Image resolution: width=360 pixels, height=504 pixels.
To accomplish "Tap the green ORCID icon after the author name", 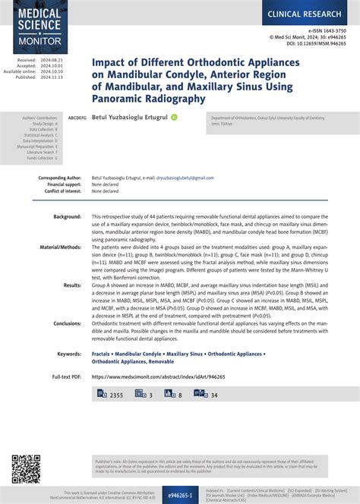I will (174, 118).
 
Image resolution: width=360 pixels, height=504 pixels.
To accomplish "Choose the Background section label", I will (67, 217).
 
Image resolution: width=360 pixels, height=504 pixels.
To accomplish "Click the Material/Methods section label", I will (61, 247).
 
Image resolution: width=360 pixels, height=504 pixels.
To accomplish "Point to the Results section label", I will (72, 285).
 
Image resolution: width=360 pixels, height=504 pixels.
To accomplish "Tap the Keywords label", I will (69, 354).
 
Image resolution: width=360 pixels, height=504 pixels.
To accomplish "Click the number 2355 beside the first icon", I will (116, 395).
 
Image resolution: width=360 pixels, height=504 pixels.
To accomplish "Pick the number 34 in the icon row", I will (214, 395).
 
